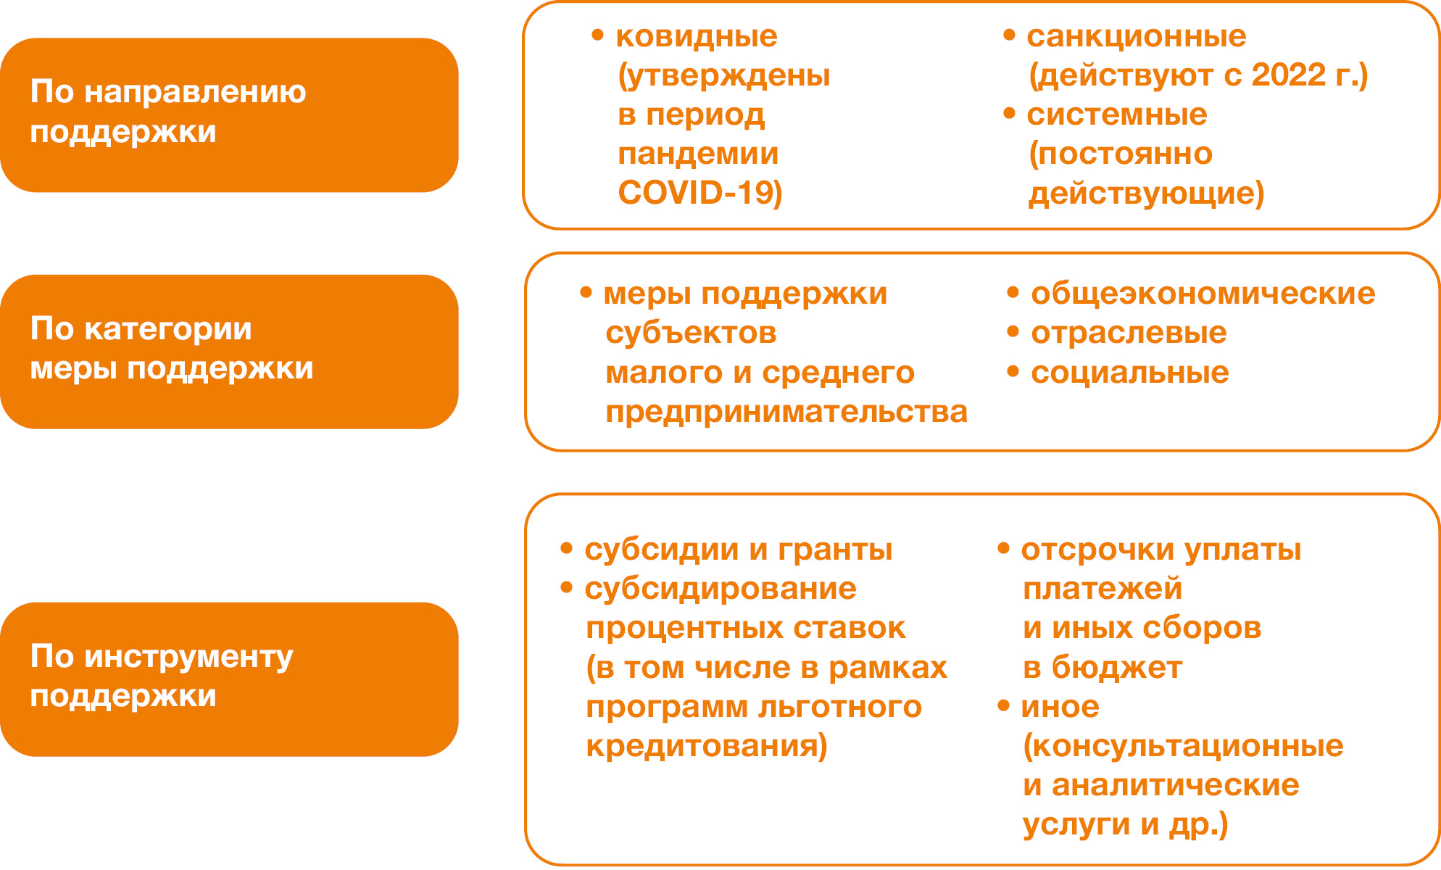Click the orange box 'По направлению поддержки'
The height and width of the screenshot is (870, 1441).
229,115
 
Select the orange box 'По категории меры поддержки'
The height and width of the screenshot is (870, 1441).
229,352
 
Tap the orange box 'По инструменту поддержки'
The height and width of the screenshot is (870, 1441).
229,679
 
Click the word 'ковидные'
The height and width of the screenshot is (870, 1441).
697,36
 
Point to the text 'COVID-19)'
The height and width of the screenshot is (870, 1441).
700,193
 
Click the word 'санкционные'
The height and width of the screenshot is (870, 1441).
1137,36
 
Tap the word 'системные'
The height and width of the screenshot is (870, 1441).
1117,115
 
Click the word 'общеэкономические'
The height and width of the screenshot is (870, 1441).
1203,294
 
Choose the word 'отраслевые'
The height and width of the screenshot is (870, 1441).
1129,333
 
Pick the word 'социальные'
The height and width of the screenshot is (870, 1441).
1130,373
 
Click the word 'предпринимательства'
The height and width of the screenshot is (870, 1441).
786,413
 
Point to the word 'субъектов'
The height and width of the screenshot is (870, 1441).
691,333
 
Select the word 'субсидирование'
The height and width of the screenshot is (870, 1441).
720,589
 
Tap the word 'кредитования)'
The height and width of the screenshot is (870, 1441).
707,746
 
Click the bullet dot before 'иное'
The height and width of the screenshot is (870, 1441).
1004,705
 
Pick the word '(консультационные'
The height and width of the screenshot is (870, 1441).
1183,746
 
